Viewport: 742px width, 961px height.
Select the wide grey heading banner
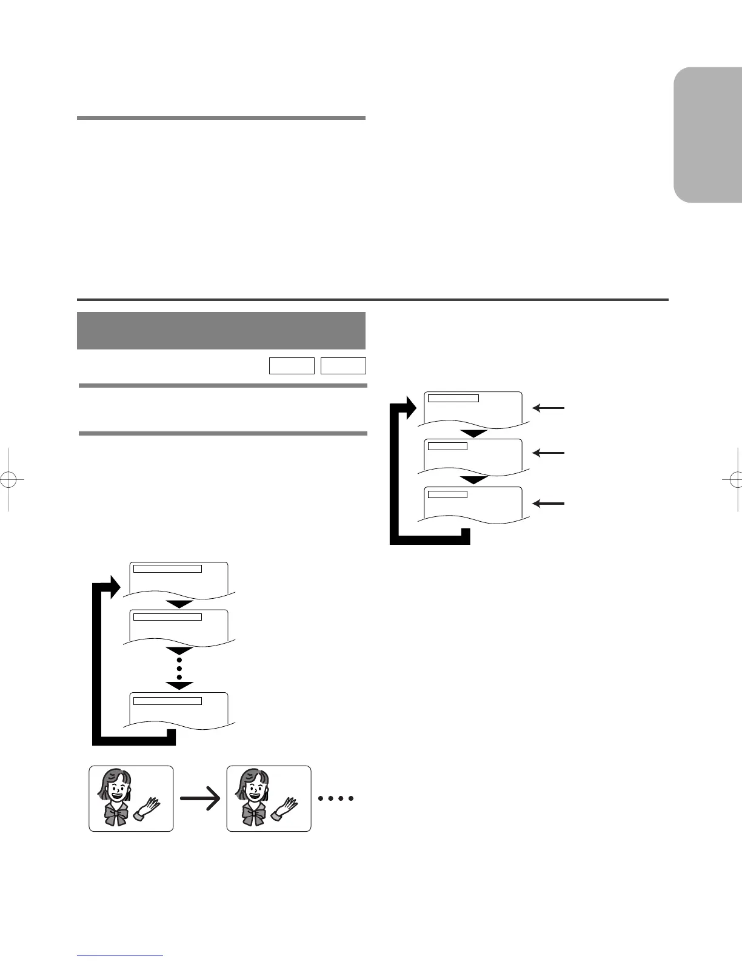click(x=221, y=330)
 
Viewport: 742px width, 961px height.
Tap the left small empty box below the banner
click(x=292, y=366)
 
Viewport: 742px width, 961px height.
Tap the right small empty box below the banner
click(x=343, y=366)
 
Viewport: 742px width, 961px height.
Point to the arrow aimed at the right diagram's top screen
click(x=549, y=408)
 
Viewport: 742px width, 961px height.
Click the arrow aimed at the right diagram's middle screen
click(x=549, y=453)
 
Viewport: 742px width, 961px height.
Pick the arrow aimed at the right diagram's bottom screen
click(x=549, y=503)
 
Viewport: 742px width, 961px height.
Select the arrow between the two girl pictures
click(x=200, y=799)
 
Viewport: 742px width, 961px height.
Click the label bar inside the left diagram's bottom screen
click(x=167, y=701)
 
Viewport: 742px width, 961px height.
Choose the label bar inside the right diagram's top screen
click(x=453, y=399)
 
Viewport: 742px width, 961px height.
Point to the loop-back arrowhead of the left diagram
click(x=113, y=586)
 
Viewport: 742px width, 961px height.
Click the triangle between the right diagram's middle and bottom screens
click(x=474, y=480)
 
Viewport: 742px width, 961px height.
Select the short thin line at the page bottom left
click(x=120, y=956)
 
